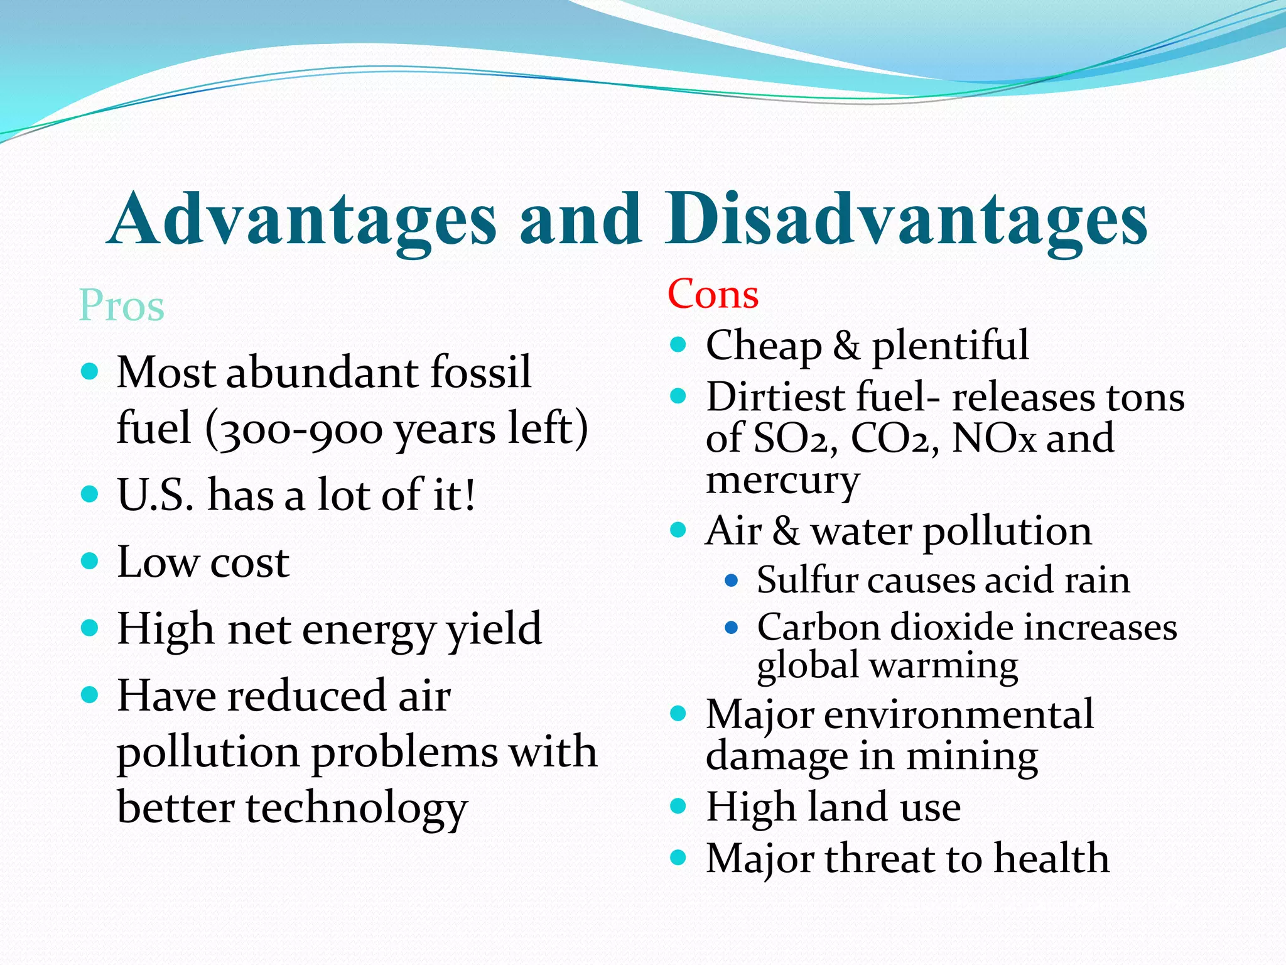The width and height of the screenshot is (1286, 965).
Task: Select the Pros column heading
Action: pos(121,306)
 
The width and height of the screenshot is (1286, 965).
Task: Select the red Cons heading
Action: pos(713,293)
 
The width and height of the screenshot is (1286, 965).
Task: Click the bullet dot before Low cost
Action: pos(90,560)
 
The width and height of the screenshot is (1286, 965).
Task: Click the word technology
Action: pos(356,808)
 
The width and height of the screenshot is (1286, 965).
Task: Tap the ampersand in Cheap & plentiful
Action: pos(846,346)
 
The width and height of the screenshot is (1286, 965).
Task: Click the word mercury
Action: pos(782,481)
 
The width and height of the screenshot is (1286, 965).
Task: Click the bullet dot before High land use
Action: pos(678,805)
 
